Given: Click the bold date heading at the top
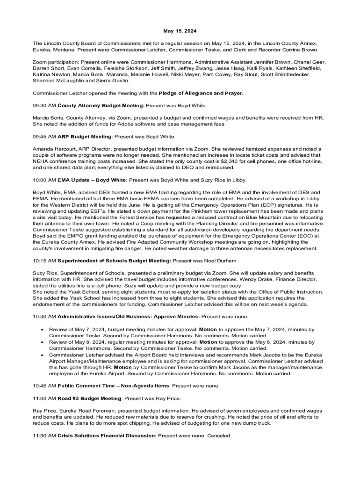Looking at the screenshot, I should tap(180, 31).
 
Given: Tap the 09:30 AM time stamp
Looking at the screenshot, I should tap(44, 106).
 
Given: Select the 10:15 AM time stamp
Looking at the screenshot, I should tap(44, 261).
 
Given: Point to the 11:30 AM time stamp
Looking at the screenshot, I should tap(44, 435).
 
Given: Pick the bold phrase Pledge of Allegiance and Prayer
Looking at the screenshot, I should tap(201, 93).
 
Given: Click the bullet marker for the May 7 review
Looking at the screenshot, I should tap(43, 329).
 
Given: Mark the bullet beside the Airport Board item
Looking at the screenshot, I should tap(43, 355).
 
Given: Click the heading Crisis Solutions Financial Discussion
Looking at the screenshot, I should tap(107, 435).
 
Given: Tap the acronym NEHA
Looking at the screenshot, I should tap(41, 161).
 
